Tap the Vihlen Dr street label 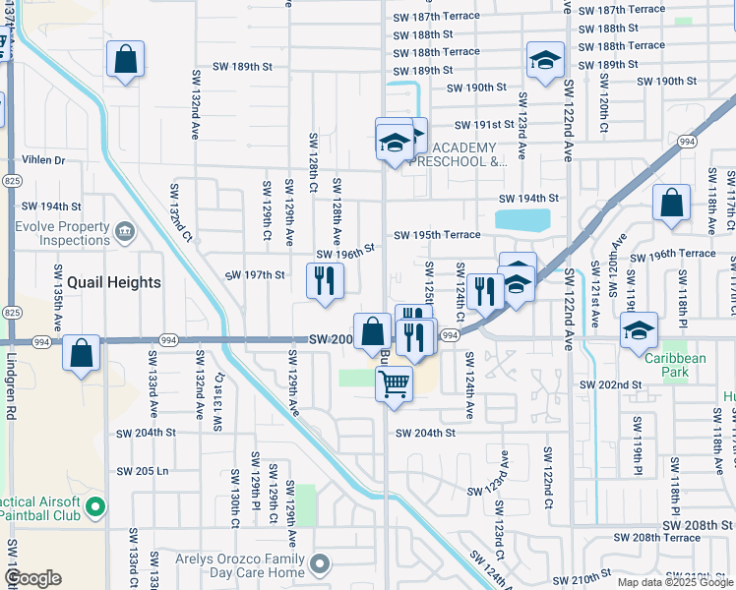click(44, 160)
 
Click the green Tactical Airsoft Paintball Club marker click(94, 507)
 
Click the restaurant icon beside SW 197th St click(325, 281)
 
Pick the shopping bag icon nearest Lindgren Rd click(83, 352)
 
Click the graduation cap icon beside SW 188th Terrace click(545, 60)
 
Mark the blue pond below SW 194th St click(522, 219)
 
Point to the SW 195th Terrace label click(437, 235)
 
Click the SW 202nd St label click(610, 384)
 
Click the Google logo click(32, 577)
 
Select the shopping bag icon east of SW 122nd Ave click(670, 204)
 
